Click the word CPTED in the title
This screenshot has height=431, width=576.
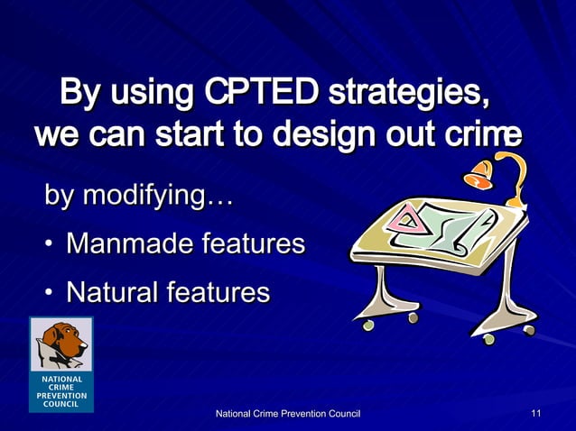pos(262,92)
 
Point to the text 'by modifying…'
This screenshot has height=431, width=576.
pos(139,196)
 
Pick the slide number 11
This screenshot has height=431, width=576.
pos(536,413)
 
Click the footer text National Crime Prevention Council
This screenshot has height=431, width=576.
pos(286,413)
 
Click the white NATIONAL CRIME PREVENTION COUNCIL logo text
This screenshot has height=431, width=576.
pos(61,390)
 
